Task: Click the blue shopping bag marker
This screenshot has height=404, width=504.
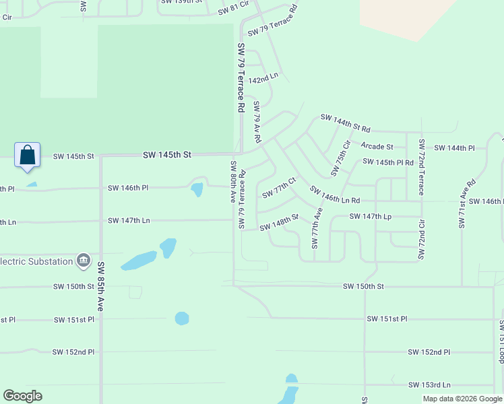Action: [27, 156]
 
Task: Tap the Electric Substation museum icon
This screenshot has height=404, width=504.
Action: [83, 261]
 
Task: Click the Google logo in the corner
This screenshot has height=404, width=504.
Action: [22, 395]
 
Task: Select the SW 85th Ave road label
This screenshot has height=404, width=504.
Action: [100, 286]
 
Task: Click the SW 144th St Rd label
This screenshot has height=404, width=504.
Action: [345, 123]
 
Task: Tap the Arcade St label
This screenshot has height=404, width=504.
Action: [377, 146]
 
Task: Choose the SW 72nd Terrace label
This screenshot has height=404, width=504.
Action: [421, 167]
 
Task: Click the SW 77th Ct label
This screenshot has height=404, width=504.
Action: [279, 188]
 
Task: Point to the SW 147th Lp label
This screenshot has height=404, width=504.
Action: [370, 216]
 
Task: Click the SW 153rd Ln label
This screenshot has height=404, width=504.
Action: [429, 384]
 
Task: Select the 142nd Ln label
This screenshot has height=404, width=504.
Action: [263, 79]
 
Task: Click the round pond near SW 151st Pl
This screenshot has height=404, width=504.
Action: [182, 318]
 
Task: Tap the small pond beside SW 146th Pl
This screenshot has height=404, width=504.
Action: [197, 189]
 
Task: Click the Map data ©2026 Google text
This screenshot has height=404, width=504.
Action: [462, 399]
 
